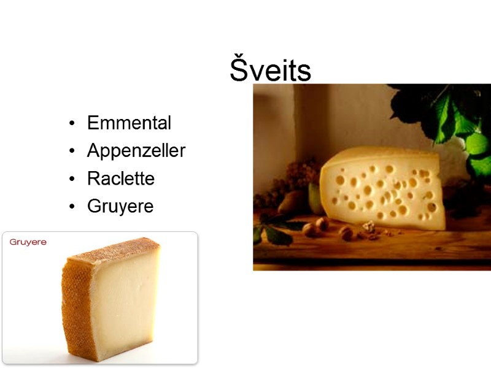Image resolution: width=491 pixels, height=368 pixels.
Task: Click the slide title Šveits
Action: point(271,71)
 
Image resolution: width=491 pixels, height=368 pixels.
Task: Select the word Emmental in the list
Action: point(129,123)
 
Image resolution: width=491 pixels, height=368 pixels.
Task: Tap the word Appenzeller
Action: point(136,151)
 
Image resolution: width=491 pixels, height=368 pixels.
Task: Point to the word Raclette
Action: point(121,179)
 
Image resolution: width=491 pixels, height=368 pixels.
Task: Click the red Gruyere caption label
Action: point(28,242)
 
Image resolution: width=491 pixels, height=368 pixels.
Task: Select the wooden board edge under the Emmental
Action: point(368,258)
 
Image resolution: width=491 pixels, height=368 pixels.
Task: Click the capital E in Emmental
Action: point(93,123)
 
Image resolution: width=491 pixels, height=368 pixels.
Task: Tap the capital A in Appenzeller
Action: point(93,151)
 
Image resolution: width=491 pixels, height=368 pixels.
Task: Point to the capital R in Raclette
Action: point(93,179)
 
